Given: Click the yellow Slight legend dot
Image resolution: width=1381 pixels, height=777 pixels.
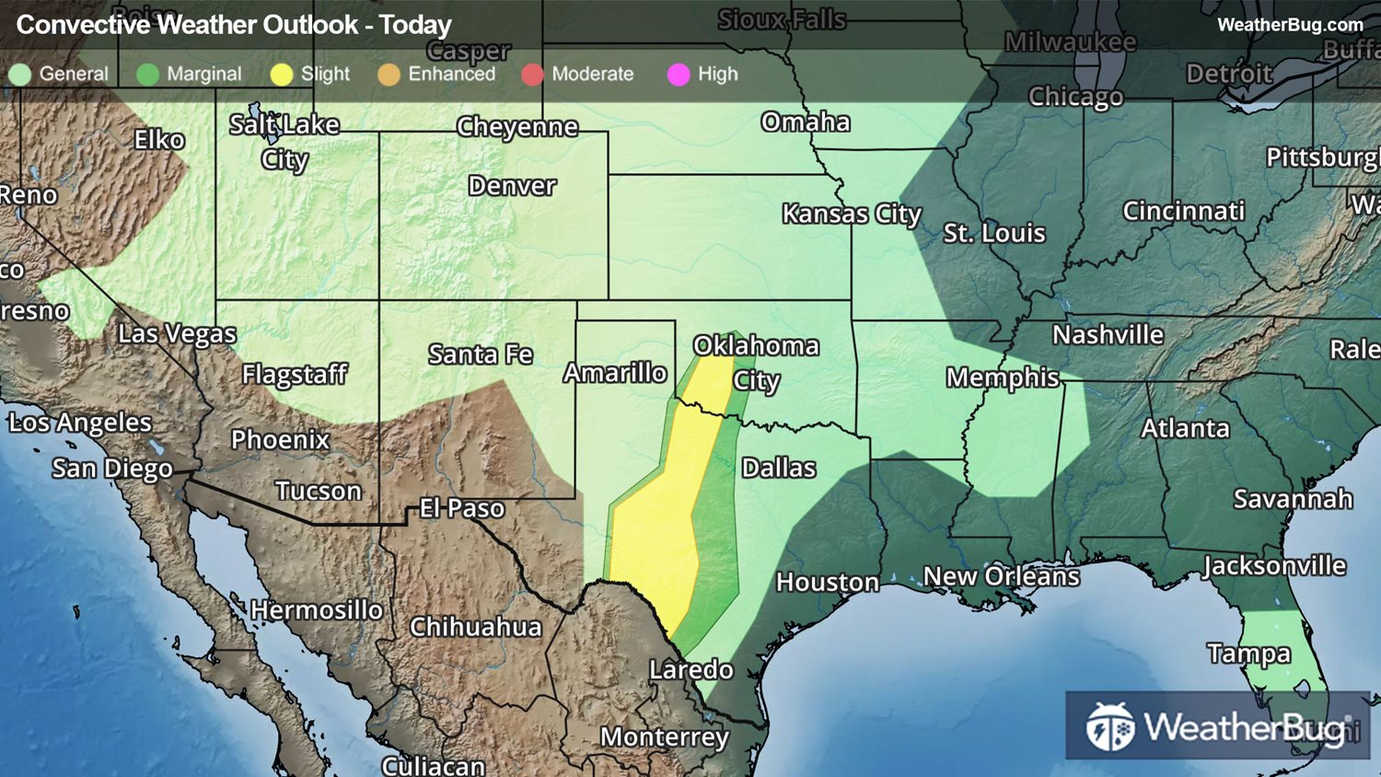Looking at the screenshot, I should (x=282, y=75).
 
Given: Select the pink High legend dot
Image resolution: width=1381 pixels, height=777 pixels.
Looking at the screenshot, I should (x=679, y=75).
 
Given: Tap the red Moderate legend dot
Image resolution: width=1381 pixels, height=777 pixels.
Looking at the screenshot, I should (x=532, y=75).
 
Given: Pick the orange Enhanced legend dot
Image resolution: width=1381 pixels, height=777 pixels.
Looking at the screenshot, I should (x=389, y=75).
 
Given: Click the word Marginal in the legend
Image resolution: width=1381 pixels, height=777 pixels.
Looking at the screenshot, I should (x=203, y=74).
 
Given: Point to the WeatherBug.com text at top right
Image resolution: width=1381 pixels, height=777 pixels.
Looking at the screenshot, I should (x=1290, y=25).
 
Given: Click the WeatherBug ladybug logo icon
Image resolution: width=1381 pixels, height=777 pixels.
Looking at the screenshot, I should (x=1109, y=727).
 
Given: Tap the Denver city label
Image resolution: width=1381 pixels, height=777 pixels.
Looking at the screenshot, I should (x=512, y=186).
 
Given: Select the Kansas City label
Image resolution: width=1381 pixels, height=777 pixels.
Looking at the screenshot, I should (x=852, y=215).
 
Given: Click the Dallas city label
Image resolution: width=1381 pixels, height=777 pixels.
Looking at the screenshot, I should (x=779, y=468).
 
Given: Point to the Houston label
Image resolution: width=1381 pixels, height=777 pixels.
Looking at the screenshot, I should (x=827, y=582).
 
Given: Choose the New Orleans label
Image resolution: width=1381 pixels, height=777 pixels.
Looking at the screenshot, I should (x=1001, y=576).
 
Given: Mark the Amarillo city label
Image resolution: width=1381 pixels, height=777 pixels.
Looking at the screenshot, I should (x=615, y=373).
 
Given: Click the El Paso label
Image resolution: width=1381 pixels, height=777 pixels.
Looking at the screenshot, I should (x=461, y=508).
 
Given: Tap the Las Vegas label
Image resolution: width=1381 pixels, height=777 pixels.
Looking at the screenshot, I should (x=177, y=333).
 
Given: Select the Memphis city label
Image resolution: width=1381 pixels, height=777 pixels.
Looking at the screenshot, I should (x=1003, y=377).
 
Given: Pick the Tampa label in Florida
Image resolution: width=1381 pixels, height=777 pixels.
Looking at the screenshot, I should (x=1248, y=654).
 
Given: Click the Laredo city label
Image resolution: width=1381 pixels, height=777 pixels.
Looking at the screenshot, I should (x=691, y=669).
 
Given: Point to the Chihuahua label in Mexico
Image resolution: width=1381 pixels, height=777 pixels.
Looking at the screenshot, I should (x=475, y=627).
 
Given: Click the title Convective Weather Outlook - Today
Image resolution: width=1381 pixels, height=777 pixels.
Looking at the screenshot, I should (x=234, y=25).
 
